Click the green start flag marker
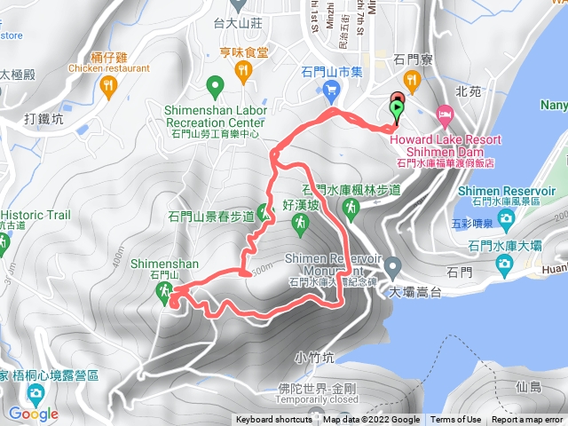click(x=397, y=109)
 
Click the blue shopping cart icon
click(x=332, y=88)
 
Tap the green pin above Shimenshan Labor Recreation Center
click(x=214, y=87)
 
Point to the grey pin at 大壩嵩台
click(x=392, y=265)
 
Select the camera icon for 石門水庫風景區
click(x=507, y=217)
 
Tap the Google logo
click(x=33, y=414)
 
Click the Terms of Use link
click(x=456, y=420)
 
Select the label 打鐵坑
click(x=44, y=117)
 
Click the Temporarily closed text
click(x=316, y=400)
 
